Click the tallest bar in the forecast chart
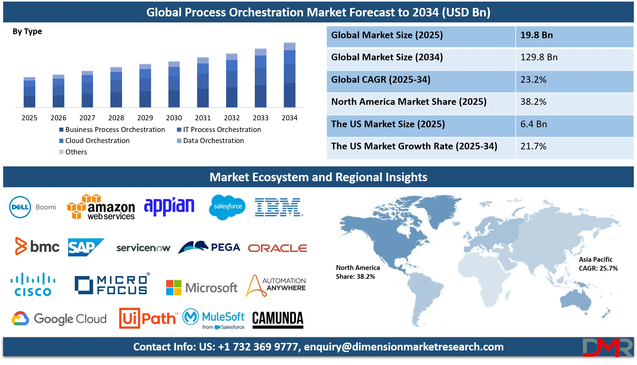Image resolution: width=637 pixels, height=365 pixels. click(290, 75)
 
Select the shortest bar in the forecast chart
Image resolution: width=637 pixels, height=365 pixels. click(29, 92)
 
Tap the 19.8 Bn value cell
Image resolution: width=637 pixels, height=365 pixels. click(536, 35)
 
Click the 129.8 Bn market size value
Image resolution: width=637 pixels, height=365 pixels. click(539, 57)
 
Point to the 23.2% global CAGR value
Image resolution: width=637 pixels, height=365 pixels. click(533, 80)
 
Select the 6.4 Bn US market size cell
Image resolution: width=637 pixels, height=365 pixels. click(534, 124)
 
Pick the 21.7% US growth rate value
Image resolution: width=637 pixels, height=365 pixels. click(533, 146)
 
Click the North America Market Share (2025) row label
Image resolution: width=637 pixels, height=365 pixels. click(409, 102)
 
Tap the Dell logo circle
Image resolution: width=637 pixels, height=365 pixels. click(20, 207)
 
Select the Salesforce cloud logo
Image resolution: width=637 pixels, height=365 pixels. click(227, 207)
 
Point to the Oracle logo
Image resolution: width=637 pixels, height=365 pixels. click(278, 248)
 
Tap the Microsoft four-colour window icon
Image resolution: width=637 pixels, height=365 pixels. click(174, 288)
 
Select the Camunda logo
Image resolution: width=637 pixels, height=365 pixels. click(278, 319)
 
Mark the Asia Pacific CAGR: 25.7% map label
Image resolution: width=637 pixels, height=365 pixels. click(598, 264)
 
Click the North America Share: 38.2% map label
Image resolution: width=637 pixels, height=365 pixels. click(358, 272)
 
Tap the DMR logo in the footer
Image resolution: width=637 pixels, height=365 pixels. click(607, 347)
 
